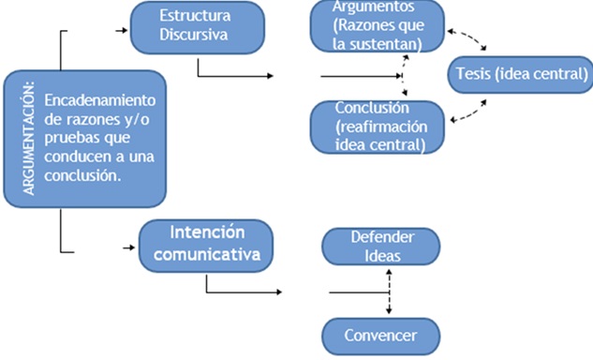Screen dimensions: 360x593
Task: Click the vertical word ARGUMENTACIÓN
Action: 28,138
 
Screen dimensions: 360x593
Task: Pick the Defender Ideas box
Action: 381,246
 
